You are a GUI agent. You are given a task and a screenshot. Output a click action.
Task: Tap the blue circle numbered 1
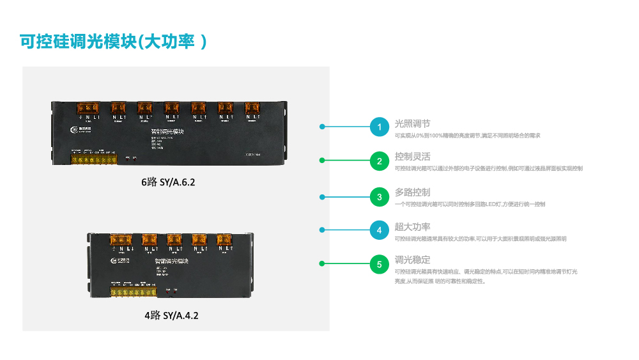tap(380, 127)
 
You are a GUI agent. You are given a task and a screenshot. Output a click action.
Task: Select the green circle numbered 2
tap(380, 162)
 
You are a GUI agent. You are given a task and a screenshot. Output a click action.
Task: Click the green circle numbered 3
tap(380, 197)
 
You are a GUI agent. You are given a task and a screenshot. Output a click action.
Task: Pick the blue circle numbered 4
tap(380, 230)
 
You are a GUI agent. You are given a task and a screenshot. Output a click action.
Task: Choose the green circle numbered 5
tap(380, 264)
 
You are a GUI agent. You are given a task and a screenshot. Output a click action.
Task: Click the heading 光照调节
tap(412, 123)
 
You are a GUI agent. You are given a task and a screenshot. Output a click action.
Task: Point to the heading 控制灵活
tap(412, 157)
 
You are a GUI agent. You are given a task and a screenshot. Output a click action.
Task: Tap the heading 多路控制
tap(412, 192)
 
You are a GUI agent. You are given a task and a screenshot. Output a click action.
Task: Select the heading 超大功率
tap(412, 226)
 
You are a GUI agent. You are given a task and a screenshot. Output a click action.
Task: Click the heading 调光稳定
tap(412, 260)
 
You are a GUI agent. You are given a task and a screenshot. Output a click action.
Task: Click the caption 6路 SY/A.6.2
tap(168, 182)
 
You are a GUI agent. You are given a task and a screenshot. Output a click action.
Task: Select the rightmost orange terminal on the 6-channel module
tap(253, 108)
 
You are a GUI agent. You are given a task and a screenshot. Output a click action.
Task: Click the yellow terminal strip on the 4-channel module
tap(133, 292)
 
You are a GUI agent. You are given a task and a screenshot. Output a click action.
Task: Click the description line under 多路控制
tap(470, 204)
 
